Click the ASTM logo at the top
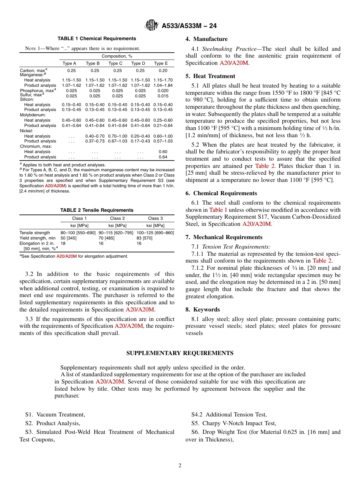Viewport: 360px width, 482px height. pyautogui.click(x=152, y=26)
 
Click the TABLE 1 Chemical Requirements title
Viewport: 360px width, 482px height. pyautogui.click(x=97, y=39)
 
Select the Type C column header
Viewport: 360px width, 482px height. pyautogui.click(x=116, y=64)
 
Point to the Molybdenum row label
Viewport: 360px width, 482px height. pyautogui.click(x=33, y=114)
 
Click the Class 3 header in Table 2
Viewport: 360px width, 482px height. pyautogui.click(x=155, y=218)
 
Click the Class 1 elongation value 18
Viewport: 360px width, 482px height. pyautogui.click(x=63, y=243)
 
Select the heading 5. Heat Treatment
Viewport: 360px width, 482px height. pyautogui.click(x=210, y=76)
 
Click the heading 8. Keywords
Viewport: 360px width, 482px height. pyautogui.click(x=202, y=310)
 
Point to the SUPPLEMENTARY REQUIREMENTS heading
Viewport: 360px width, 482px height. pyautogui.click(x=180, y=353)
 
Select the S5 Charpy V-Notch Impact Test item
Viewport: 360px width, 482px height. pyautogui.click(x=233, y=423)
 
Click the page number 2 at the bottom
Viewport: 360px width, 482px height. pyautogui.click(x=180, y=466)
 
